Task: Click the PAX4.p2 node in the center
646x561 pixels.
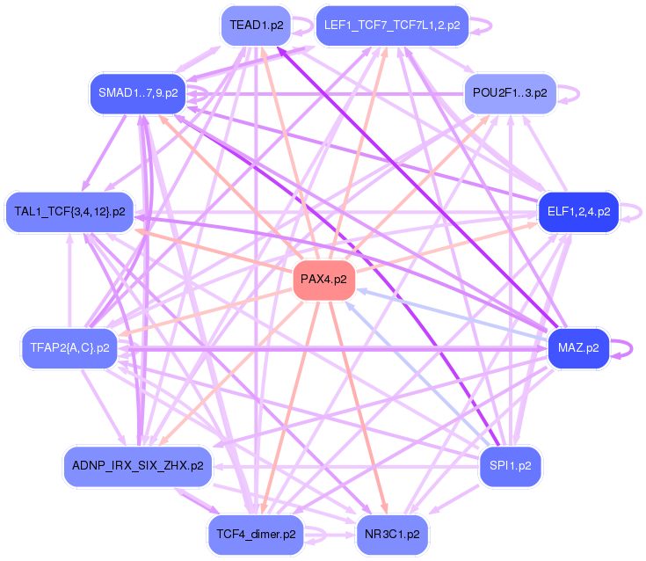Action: point(323,280)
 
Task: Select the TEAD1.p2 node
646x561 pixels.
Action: point(256,25)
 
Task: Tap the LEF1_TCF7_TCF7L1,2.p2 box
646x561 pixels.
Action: point(391,25)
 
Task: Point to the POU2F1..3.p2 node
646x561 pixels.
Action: point(509,92)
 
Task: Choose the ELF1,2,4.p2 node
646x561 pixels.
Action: point(577,211)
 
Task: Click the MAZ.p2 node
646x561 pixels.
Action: point(577,347)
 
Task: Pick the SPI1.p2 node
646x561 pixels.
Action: point(509,466)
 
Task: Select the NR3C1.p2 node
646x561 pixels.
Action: point(391,534)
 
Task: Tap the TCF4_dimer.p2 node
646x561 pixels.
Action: point(256,534)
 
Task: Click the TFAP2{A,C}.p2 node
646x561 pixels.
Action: point(69,347)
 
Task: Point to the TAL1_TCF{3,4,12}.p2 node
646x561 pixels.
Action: point(69,211)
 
